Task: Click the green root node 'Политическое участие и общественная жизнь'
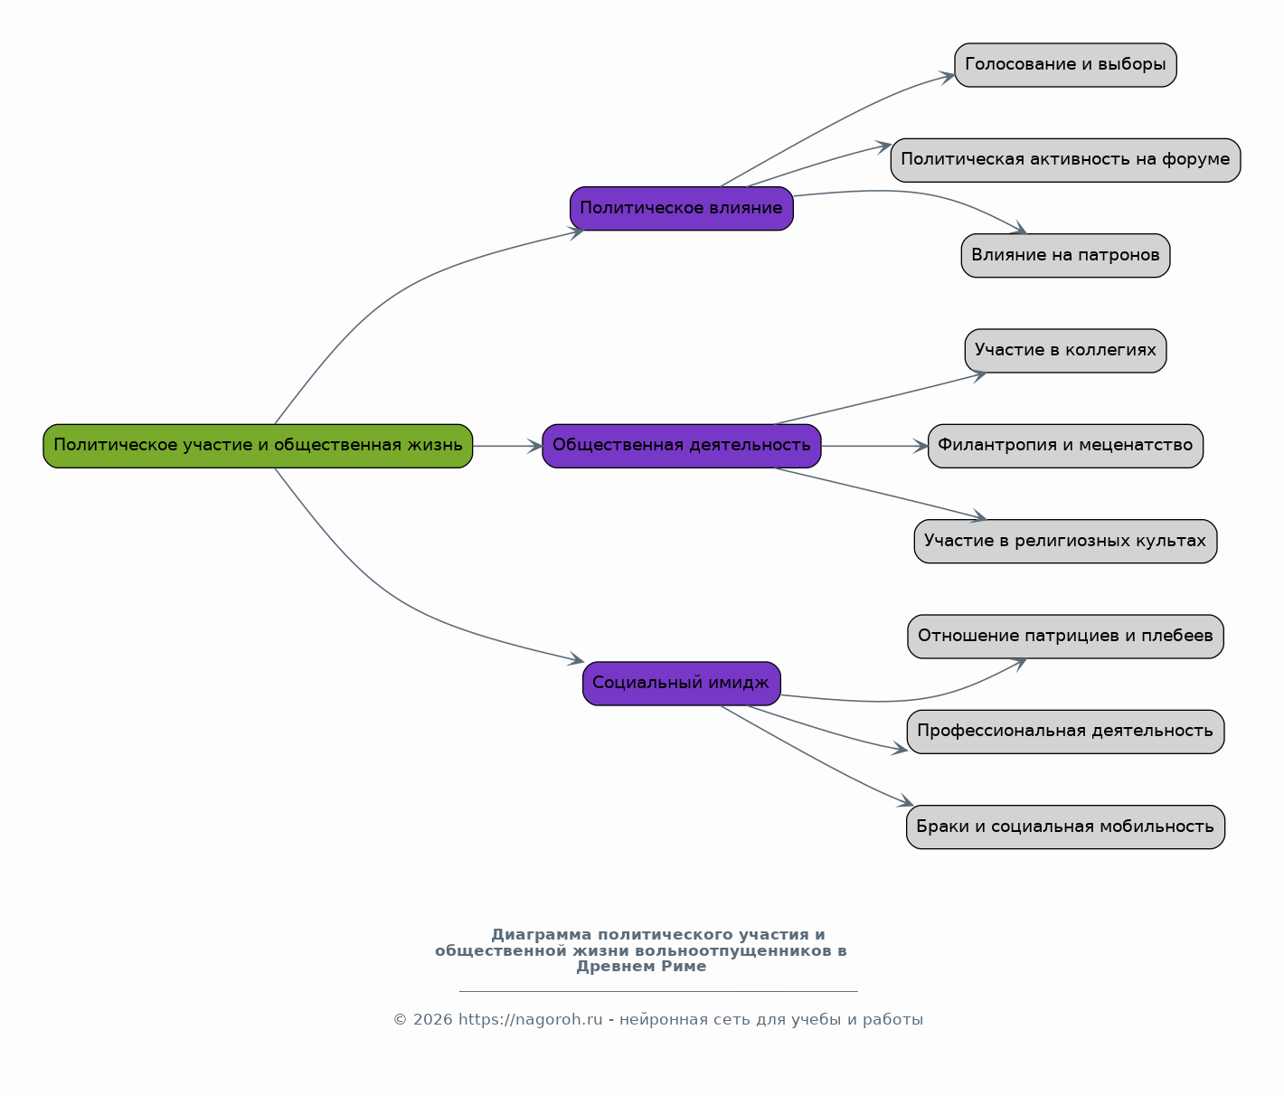click(258, 446)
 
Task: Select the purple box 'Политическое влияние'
click(682, 209)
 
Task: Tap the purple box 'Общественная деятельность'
click(682, 446)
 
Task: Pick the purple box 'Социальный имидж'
click(682, 684)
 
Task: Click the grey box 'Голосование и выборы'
click(1065, 65)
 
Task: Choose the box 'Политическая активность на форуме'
click(1065, 160)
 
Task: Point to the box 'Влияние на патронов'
click(1065, 255)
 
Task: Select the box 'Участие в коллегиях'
click(1065, 351)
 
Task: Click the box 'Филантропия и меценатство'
click(1065, 446)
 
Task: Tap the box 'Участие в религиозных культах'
click(1065, 541)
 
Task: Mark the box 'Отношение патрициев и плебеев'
click(1065, 637)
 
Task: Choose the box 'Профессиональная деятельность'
click(1065, 732)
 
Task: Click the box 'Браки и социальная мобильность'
click(1065, 827)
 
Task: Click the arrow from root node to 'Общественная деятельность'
click(508, 446)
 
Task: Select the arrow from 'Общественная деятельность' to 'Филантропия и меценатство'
click(874, 446)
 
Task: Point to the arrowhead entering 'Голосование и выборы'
click(948, 77)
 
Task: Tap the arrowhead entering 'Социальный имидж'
click(576, 659)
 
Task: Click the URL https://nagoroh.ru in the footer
click(531, 1019)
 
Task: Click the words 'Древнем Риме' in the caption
click(641, 967)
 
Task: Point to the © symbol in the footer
click(400, 1020)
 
